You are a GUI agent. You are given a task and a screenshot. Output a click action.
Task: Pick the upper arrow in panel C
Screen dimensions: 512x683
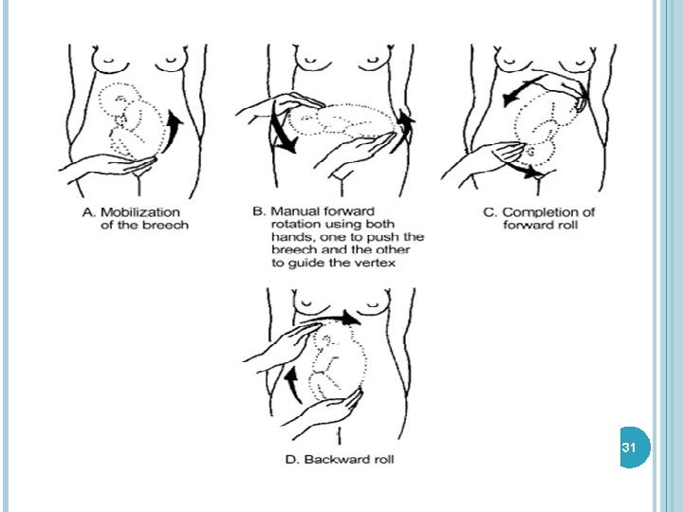(518, 90)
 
